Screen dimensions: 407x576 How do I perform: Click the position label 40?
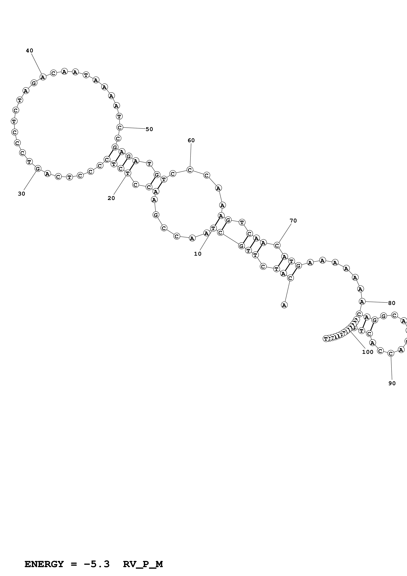[30, 51]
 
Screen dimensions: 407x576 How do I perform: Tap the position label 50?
[149, 129]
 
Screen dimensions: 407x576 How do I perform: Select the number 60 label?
[191, 141]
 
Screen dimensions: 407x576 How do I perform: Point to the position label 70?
[293, 221]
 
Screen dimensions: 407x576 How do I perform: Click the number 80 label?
[392, 303]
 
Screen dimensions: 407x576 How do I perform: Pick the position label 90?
[392, 383]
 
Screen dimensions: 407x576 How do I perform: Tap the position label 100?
[368, 352]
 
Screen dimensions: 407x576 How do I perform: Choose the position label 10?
[198, 254]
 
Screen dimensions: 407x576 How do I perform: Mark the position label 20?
[111, 198]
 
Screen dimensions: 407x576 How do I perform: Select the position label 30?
[22, 194]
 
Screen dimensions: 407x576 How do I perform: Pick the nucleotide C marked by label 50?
[120, 127]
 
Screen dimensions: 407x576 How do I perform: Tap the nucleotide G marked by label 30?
[38, 169]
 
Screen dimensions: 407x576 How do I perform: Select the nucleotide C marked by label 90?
[390, 354]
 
